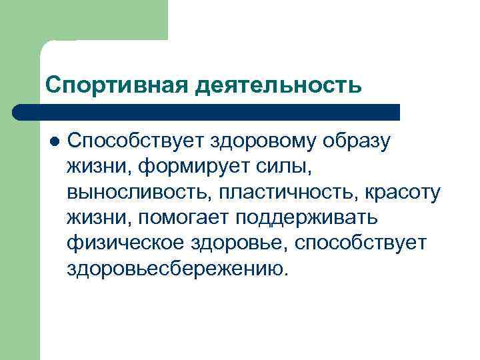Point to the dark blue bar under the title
click(207, 112)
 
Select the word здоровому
click(264, 141)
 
